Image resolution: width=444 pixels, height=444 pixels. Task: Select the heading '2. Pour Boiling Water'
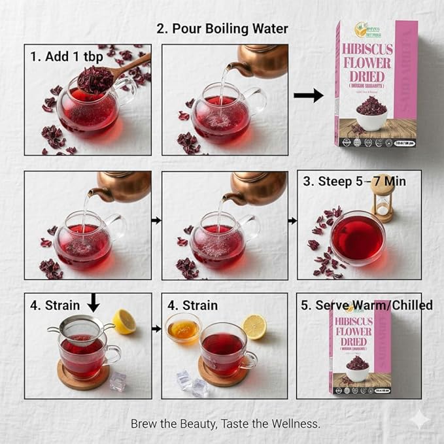coord(222,29)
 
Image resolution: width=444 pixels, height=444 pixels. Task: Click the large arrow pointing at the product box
coord(308,95)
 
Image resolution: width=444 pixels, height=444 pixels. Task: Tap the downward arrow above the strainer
coord(94,302)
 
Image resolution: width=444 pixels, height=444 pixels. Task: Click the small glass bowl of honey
coord(184,326)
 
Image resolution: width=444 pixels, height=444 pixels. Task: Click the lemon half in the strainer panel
coord(124,321)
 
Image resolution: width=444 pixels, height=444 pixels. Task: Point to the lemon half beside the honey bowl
coord(255,326)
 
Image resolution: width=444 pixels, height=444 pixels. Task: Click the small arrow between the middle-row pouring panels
coord(156,220)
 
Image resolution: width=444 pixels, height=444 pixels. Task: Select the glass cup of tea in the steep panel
coord(358,237)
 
